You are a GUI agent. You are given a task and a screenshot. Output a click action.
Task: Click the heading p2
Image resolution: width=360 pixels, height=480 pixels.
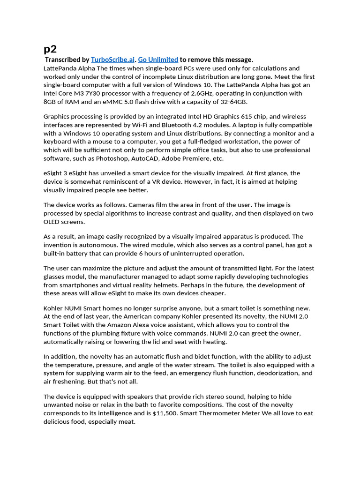click(x=50, y=49)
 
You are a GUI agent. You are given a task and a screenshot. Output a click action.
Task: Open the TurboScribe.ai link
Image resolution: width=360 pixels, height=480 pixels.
click(x=113, y=60)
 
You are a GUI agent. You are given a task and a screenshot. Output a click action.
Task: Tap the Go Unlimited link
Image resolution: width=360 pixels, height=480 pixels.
click(x=158, y=60)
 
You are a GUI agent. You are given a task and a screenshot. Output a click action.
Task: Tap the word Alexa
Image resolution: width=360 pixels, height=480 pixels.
click(x=167, y=325)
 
